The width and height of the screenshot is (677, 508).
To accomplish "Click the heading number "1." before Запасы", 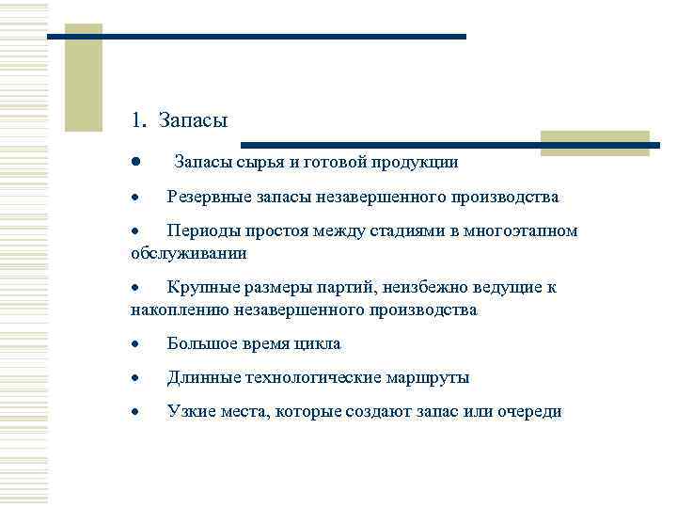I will coord(139,120).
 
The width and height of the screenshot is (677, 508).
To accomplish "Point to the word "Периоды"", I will coord(201,230).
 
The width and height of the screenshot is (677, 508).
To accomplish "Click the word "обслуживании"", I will coord(189,253).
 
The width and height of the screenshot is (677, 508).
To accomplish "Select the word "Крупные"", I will coord(200,287).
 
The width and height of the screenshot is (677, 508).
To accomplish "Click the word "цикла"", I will coord(320,343).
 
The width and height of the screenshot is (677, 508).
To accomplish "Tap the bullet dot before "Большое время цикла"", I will coord(136,344).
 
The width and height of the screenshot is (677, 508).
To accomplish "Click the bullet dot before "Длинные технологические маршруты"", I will coord(136,378).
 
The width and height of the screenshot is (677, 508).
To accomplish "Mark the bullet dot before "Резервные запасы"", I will coord(136,198).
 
